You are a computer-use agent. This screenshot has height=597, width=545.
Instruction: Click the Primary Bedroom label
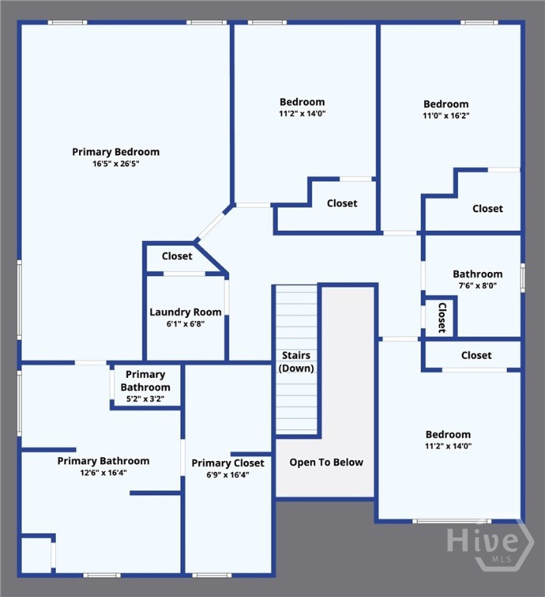tap(116, 152)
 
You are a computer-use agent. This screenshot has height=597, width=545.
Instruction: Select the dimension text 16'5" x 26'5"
tap(116, 164)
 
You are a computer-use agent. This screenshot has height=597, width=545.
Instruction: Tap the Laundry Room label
tap(186, 312)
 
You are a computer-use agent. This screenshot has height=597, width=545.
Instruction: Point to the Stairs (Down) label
tap(297, 361)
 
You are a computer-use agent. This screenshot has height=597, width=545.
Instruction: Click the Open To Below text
tap(326, 463)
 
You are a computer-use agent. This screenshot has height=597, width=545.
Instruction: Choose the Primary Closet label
tap(227, 463)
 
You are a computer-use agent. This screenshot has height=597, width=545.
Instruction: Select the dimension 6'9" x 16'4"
tap(227, 475)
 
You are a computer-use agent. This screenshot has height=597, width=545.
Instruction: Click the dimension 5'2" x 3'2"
tap(145, 400)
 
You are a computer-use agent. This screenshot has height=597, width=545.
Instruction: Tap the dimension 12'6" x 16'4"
tap(103, 473)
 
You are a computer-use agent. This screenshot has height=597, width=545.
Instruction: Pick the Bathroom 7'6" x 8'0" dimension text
tap(477, 285)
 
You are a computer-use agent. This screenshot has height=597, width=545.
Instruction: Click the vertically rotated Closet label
tap(442, 317)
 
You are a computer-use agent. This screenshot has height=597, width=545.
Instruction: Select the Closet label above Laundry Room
tap(177, 256)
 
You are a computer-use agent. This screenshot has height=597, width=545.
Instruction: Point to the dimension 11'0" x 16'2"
tap(446, 116)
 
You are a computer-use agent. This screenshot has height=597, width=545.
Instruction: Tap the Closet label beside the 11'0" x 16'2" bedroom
tap(488, 208)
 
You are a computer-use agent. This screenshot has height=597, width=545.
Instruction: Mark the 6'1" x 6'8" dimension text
tap(186, 324)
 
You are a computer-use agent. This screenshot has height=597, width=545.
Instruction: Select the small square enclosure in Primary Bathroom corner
tap(36, 555)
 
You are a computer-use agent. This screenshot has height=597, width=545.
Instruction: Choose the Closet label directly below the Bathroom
tap(476, 355)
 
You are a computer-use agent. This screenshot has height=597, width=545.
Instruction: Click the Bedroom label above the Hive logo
tap(448, 435)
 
